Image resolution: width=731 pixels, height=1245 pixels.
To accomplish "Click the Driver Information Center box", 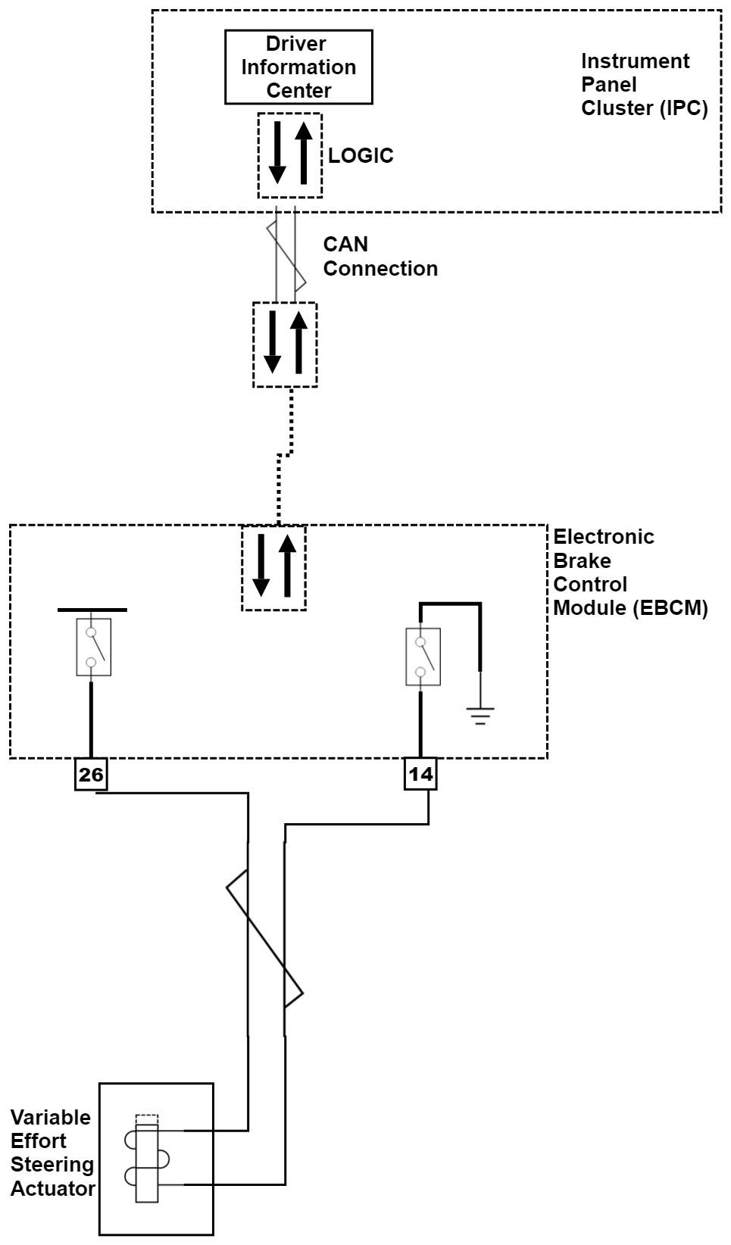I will (x=298, y=67).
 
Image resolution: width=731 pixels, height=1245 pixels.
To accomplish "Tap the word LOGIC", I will (x=361, y=155).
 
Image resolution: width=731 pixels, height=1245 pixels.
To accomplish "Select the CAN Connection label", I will (x=380, y=256).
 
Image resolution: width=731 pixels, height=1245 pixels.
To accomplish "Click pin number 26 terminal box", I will (x=91, y=775).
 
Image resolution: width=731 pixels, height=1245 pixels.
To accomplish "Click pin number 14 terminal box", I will (x=420, y=775).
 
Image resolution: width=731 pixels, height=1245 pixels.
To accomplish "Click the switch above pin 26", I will (x=93, y=647).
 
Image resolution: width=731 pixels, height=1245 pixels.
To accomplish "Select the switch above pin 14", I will (x=423, y=656).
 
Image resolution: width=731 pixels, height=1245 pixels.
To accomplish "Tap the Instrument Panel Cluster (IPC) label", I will (x=644, y=84).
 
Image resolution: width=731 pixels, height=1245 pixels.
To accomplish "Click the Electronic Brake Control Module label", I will (x=629, y=572).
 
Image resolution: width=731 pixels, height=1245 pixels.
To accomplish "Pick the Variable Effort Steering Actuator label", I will (x=52, y=1153).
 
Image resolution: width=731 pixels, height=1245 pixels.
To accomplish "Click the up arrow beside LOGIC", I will (x=304, y=153).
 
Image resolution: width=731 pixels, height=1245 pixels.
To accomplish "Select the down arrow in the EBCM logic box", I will (x=261, y=565).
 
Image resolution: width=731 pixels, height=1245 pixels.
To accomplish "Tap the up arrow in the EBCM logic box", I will (x=287, y=565).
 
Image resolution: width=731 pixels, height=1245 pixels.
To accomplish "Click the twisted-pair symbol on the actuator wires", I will (x=265, y=939).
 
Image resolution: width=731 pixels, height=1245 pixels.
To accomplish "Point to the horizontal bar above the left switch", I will (x=92, y=609).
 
